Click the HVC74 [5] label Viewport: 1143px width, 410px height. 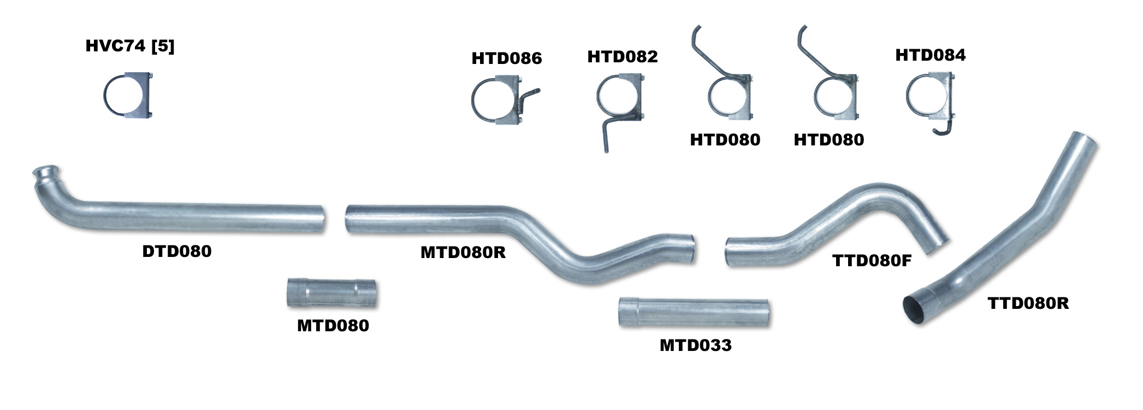pyautogui.click(x=130, y=46)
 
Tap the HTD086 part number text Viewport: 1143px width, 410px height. pyautogui.click(x=507, y=58)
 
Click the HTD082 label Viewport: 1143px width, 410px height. pyautogui.click(x=623, y=56)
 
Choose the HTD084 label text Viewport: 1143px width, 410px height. pyautogui.click(x=931, y=55)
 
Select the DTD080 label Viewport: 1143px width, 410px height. pyautogui.click(x=177, y=251)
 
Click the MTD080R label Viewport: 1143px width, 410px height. pyautogui.click(x=463, y=252)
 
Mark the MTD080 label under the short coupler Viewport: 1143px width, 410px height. pyautogui.click(x=333, y=325)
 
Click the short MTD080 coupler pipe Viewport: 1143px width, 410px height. pyautogui.click(x=331, y=292)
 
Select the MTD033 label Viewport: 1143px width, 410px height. pyautogui.click(x=696, y=345)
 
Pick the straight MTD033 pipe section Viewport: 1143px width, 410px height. pyautogui.click(x=694, y=313)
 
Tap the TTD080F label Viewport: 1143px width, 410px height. pyautogui.click(x=872, y=260)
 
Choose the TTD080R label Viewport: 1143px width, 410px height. pyautogui.click(x=1028, y=303)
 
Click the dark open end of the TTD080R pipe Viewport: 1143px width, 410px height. pyautogui.click(x=915, y=310)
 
